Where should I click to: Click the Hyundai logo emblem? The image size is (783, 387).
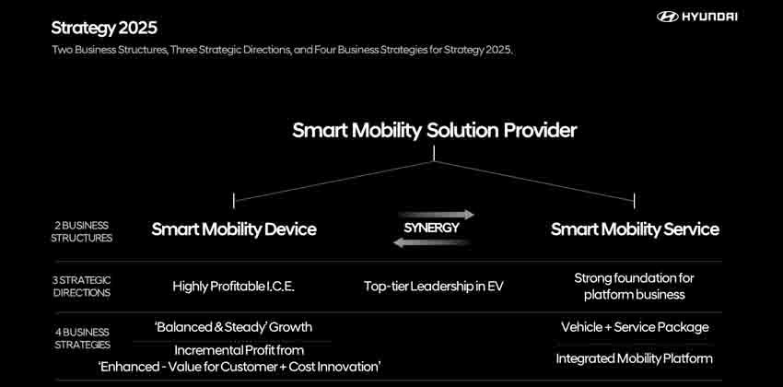668,17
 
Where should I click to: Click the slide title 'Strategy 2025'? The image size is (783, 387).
104,28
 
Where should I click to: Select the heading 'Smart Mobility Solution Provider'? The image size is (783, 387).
434,130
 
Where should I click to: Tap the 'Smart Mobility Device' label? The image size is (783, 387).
234,229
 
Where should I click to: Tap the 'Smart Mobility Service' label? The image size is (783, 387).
635,229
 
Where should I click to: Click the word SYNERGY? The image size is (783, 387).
432,228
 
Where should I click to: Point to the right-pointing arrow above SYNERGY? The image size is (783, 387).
439,214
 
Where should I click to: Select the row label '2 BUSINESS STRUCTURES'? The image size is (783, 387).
83,231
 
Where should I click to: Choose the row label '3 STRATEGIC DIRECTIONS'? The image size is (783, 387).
83,287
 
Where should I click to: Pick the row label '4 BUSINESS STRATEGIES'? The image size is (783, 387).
83,338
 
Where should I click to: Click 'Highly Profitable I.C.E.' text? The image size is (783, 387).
234,287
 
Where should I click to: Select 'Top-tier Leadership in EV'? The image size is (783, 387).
433,287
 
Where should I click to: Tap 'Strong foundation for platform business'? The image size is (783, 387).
635,286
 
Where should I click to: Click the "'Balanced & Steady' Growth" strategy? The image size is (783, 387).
233,327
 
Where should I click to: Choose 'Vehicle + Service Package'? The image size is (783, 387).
635,327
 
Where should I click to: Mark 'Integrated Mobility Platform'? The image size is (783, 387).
635,358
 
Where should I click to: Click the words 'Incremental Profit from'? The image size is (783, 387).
239,350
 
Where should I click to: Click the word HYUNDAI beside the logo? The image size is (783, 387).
710,17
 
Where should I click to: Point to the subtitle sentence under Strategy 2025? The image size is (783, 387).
281,50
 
